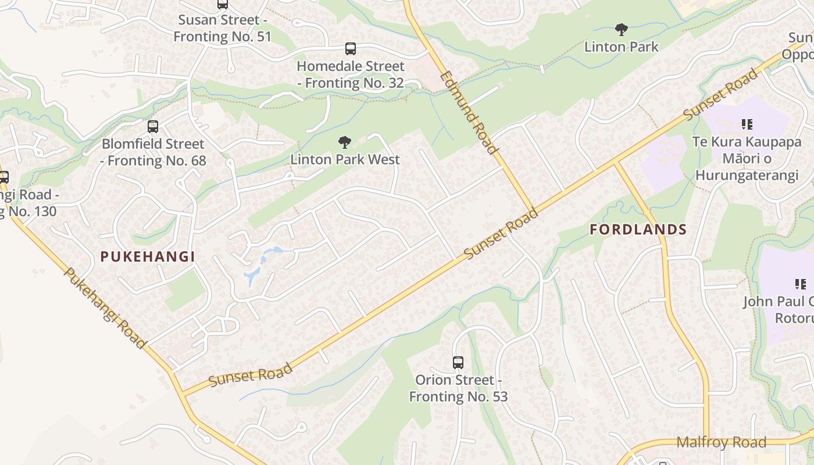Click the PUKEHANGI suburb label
tap(147, 256)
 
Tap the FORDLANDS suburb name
tap(638, 230)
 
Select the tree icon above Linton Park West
tap(345, 142)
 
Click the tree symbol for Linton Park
tap(621, 29)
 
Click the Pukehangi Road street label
tap(105, 308)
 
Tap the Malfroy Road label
tap(721, 442)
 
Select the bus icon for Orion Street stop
tap(458, 363)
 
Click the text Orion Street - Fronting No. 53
tap(458, 388)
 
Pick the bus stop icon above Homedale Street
tap(350, 49)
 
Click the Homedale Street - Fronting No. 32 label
tap(350, 74)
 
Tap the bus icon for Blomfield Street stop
tap(153, 126)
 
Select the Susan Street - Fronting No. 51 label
tap(222, 28)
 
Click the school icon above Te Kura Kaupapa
tap(747, 124)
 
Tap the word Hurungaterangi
tap(747, 176)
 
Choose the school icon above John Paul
tap(801, 284)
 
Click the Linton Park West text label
tap(345, 159)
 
